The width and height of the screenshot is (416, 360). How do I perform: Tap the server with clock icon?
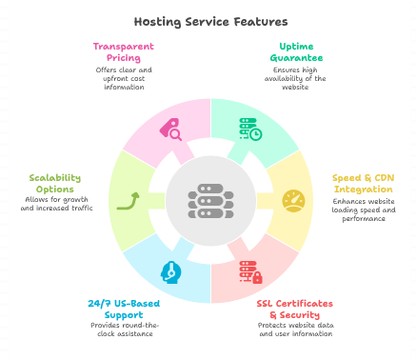tap(249, 129)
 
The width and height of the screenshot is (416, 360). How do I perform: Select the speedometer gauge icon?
tap(294, 200)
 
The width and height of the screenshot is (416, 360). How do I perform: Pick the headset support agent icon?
tap(169, 271)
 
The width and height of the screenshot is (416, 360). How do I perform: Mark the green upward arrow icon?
tap(128, 200)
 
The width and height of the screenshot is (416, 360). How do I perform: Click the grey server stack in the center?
tap(208, 201)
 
